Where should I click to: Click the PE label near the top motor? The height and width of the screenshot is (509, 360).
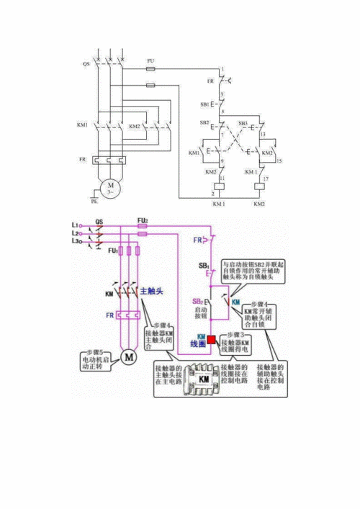pyautogui.click(x=94, y=203)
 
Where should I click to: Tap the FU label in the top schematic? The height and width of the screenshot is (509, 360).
pyautogui.click(x=150, y=60)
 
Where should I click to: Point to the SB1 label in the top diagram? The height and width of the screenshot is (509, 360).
pyautogui.click(x=204, y=104)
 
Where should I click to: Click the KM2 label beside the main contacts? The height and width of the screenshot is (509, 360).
pyautogui.click(x=135, y=126)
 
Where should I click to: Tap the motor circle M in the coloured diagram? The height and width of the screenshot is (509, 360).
pyautogui.click(x=127, y=356)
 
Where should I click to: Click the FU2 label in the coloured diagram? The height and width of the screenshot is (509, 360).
pyautogui.click(x=143, y=220)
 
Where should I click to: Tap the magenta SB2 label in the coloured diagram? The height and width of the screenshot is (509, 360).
pyautogui.click(x=197, y=301)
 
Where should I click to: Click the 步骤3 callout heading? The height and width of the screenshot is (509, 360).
pyautogui.click(x=233, y=335)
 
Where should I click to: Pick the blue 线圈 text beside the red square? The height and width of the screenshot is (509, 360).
pyautogui.click(x=198, y=345)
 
